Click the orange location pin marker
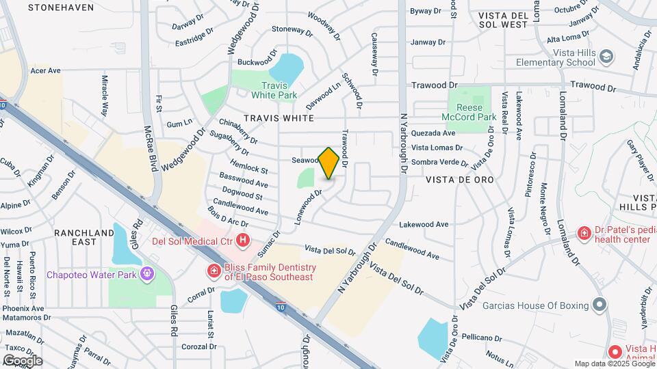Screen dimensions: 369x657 (x=329, y=163)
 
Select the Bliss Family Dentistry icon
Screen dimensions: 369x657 (x=214, y=271)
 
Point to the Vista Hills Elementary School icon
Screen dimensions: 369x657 (x=606, y=57)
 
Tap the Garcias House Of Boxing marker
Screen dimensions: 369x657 (x=600, y=305)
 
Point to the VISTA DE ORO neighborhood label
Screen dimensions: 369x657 (x=459, y=179)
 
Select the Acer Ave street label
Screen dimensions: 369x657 (x=46, y=70)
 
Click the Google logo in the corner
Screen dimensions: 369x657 (x=22, y=360)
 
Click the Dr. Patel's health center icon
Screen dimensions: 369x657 (x=584, y=233)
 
